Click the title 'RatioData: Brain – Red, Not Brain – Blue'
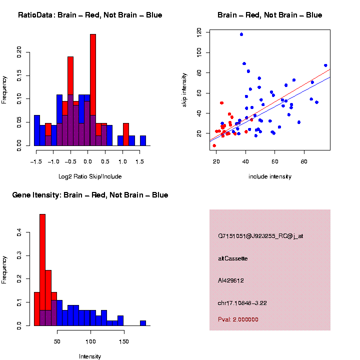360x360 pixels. point(90,15)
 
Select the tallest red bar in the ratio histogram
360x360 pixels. point(93,90)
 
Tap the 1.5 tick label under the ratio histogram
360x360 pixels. point(140,161)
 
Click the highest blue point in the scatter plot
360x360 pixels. point(241,34)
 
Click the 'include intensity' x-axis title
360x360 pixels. point(270,176)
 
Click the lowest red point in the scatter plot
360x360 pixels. point(214,145)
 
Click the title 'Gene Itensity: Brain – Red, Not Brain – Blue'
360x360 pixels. point(90,195)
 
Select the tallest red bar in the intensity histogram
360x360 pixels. point(42,270)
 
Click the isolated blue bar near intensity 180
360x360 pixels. point(143,323)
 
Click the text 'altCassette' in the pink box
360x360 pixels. point(233,258)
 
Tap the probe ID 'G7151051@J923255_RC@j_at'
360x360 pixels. point(260,236)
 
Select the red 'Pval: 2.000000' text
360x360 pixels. point(238,319)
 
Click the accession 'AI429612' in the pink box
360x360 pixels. point(231,280)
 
